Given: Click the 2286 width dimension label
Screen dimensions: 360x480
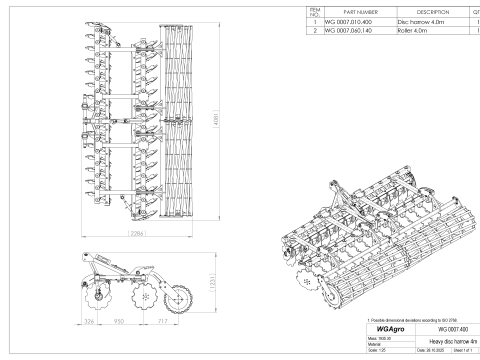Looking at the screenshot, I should click(x=139, y=233).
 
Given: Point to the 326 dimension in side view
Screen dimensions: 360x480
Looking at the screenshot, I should click(x=88, y=323).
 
